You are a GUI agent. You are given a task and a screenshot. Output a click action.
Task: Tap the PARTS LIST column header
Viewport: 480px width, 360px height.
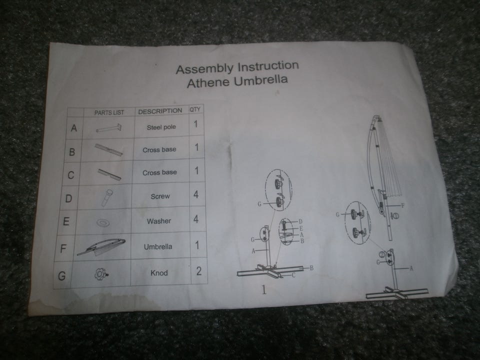click(x=109, y=112)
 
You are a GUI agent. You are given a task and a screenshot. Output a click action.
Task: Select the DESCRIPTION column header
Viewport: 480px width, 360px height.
click(x=160, y=111)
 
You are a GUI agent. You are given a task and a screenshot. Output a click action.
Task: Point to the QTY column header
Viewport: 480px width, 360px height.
click(x=195, y=109)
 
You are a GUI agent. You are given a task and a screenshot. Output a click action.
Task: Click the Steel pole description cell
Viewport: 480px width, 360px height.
click(x=161, y=127)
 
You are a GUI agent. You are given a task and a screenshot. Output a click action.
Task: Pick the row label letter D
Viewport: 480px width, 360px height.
click(x=68, y=198)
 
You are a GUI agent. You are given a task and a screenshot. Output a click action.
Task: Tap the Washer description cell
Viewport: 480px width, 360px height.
click(x=159, y=221)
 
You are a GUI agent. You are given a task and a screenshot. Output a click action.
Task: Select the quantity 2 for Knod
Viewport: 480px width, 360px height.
click(x=198, y=271)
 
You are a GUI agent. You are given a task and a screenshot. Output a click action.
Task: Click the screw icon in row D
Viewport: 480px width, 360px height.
click(x=107, y=197)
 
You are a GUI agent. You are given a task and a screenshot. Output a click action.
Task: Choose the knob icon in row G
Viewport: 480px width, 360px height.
click(x=101, y=273)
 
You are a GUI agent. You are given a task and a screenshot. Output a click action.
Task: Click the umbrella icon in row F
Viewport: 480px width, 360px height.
click(x=101, y=246)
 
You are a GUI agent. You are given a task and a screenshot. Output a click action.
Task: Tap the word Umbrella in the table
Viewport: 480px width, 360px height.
click(x=158, y=246)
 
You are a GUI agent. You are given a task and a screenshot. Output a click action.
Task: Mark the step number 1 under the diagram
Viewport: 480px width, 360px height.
click(x=264, y=289)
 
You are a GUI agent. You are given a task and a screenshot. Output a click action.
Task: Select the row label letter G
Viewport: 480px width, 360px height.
click(x=62, y=276)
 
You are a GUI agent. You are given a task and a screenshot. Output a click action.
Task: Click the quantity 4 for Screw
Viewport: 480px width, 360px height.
click(x=196, y=194)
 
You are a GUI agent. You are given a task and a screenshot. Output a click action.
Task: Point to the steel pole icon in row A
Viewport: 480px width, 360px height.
click(x=108, y=127)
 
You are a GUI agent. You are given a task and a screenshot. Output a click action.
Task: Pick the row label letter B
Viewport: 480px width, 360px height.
click(x=72, y=151)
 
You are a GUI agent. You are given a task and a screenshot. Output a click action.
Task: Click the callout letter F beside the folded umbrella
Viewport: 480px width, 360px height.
click(x=402, y=205)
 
